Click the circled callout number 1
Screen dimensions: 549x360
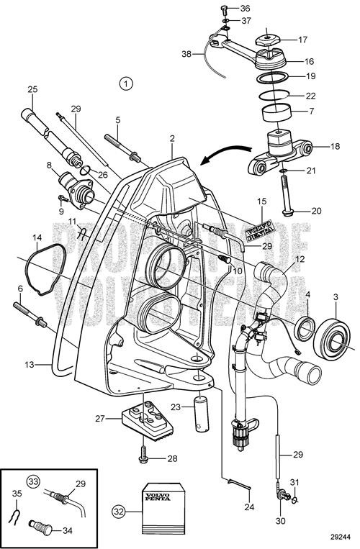pos(127,83)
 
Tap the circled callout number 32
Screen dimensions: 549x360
pos(118,512)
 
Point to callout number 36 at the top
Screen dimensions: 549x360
pos(246,8)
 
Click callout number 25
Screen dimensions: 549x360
pos(31,89)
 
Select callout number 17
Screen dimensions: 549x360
pos(303,40)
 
